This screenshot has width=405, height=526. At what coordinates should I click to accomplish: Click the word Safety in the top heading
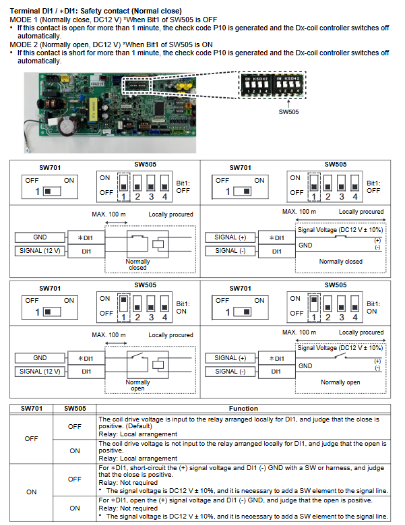94,11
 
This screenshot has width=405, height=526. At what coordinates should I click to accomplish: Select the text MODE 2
24,45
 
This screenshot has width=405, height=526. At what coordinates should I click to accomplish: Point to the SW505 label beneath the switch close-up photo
288,112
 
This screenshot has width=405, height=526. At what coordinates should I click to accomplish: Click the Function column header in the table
243,408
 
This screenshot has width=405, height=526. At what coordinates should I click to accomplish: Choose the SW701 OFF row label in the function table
32,438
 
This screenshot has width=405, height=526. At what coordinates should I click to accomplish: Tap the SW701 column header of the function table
32,408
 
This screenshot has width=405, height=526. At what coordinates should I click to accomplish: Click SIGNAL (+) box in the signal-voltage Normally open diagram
230,358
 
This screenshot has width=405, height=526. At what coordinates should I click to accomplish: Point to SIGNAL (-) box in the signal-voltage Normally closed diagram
230,251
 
